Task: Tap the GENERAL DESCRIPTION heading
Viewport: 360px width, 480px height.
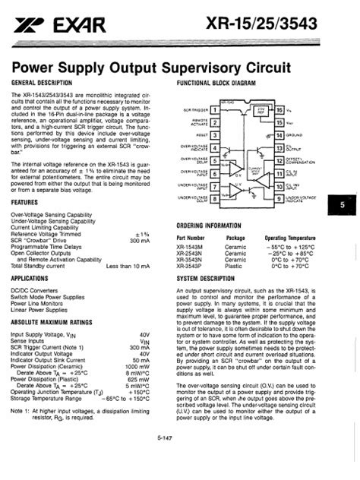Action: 43,81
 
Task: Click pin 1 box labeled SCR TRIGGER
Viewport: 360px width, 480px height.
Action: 215,109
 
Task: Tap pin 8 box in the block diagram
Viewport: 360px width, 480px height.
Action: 215,199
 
